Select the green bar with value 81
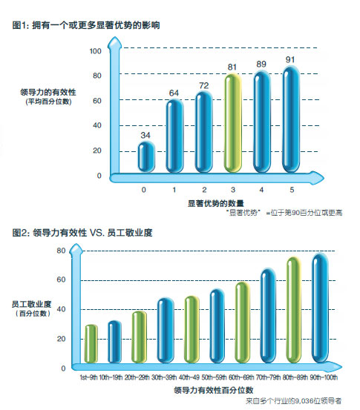[232, 122]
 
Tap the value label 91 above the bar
[289, 60]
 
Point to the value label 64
[174, 93]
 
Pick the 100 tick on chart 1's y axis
[96, 51]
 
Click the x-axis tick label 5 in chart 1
[289, 190]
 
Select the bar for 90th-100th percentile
[320, 311]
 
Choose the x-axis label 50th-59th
[217, 377]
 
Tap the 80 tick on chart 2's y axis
[62, 251]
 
